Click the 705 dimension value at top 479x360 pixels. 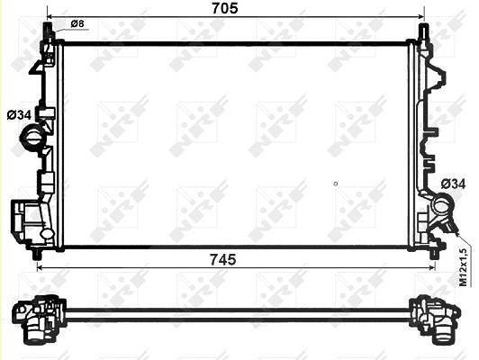pos(225,8)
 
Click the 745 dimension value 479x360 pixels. pos(223,260)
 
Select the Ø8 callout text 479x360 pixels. pos(77,23)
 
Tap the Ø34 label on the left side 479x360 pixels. pos(19,115)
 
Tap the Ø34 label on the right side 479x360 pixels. pos(454,184)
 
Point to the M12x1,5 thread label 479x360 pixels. pos(464,267)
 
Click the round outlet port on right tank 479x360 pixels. pos(441,206)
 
